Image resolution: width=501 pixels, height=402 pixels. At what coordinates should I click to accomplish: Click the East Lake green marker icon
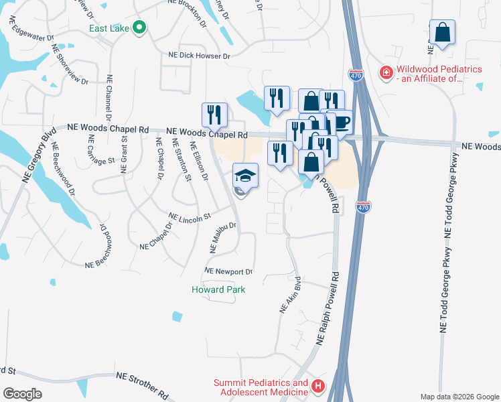(x=139, y=27)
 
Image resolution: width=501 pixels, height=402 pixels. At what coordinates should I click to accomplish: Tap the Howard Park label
(x=218, y=289)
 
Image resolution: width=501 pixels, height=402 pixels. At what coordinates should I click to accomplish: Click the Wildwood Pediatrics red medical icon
(x=386, y=72)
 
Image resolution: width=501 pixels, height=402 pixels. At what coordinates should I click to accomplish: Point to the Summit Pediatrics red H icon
(x=317, y=387)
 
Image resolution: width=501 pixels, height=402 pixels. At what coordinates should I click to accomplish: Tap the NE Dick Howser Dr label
(x=199, y=56)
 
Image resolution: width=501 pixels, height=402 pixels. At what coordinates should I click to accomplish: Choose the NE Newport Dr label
(x=228, y=271)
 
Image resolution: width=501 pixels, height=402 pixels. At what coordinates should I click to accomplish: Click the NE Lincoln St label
(x=190, y=217)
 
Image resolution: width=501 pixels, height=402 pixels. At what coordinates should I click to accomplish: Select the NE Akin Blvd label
(x=290, y=297)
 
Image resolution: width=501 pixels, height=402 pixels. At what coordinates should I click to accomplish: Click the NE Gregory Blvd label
(x=38, y=151)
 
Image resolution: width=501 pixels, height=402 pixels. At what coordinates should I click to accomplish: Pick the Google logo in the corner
(x=22, y=394)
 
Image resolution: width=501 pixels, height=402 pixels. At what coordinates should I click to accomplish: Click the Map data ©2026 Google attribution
(x=459, y=397)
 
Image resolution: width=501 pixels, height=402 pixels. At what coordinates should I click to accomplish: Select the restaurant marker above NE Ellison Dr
(x=214, y=114)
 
